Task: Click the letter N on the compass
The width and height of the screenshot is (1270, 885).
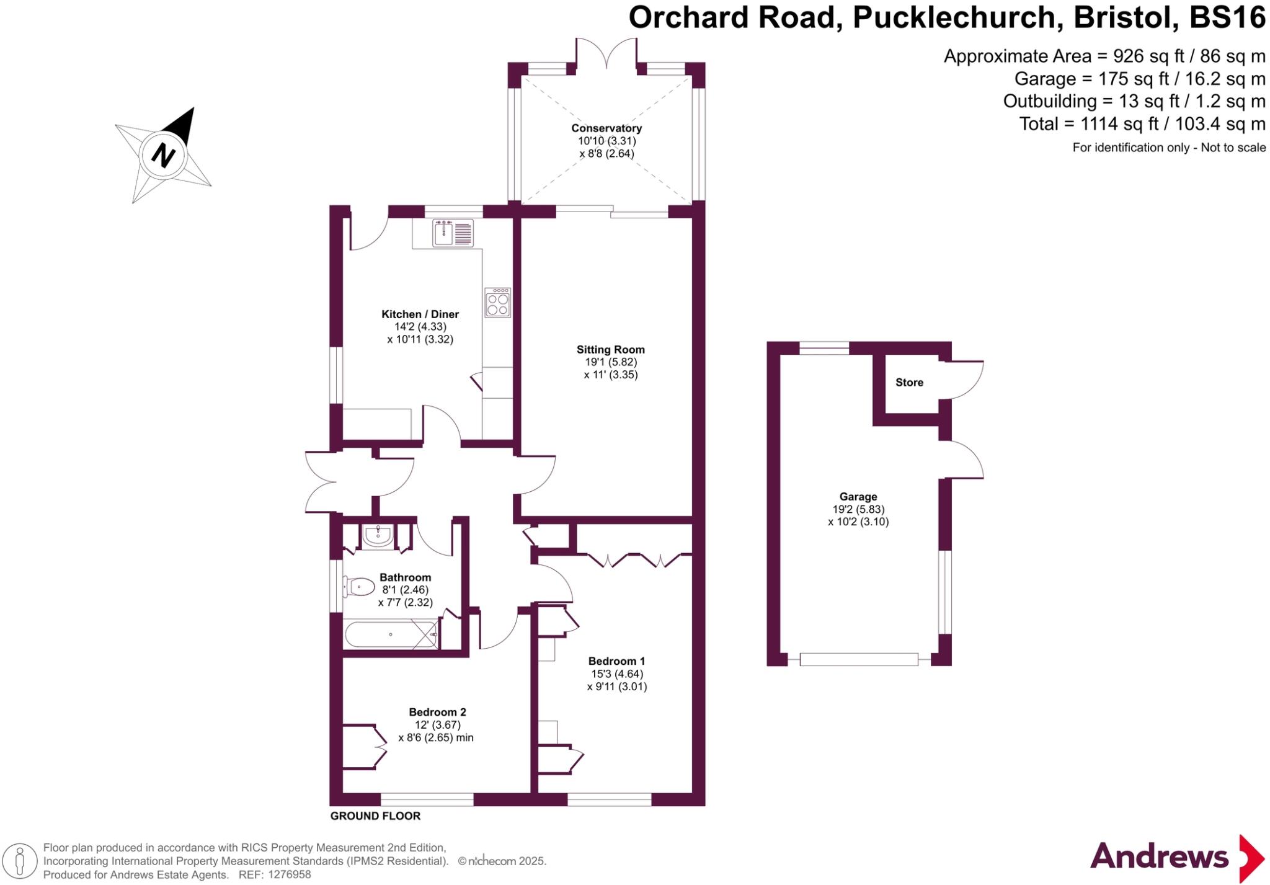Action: [163, 154]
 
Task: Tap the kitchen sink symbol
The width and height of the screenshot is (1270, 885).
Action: [453, 233]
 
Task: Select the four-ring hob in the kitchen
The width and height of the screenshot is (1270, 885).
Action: [498, 303]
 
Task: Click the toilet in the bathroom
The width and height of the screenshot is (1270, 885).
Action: [359, 587]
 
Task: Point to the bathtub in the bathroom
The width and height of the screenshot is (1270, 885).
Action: [391, 634]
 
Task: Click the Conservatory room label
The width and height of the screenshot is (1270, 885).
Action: [606, 128]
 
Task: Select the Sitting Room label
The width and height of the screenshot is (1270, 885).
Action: [610, 350]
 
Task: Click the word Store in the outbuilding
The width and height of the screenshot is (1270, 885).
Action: [909, 383]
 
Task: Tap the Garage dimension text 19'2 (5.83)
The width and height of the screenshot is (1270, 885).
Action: [858, 509]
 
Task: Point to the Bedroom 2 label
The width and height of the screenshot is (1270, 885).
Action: [437, 712]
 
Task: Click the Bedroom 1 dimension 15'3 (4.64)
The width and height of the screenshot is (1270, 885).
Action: [616, 674]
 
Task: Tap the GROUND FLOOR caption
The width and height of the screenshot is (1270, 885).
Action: [375, 816]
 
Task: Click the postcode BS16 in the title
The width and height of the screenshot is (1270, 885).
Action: [1227, 17]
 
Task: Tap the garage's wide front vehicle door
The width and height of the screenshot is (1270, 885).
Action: [859, 660]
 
